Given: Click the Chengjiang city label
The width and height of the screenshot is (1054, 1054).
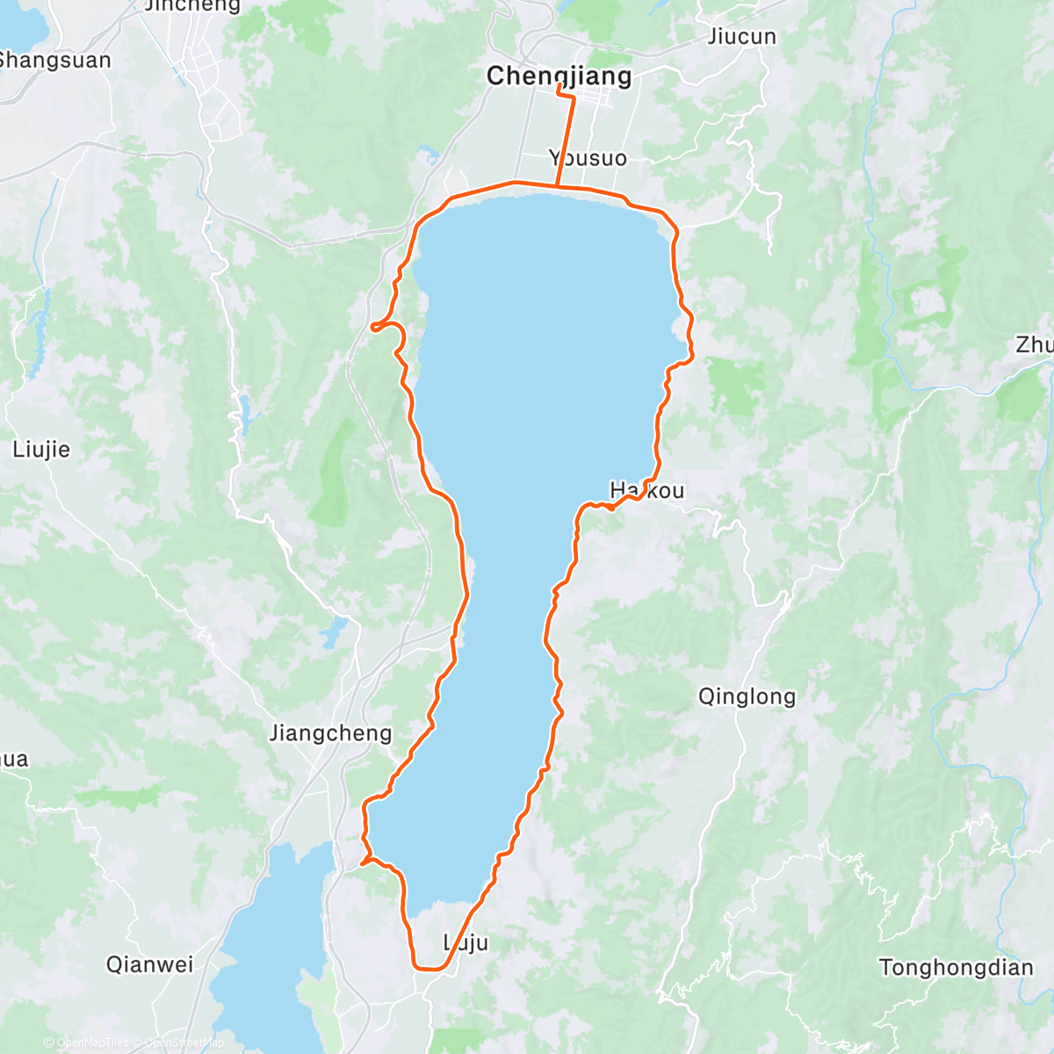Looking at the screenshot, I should pos(559,76).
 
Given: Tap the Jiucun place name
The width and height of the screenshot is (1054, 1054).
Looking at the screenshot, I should pos(741,37).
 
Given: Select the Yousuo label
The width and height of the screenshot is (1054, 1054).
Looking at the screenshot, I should pos(588,158).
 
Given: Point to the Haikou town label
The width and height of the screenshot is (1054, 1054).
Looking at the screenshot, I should pos(646,490).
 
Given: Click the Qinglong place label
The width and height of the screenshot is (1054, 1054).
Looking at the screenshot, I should pos(747,697).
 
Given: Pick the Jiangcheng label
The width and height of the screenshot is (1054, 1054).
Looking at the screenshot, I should pos(330,733).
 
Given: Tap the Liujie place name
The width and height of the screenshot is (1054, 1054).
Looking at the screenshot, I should pos(41,450).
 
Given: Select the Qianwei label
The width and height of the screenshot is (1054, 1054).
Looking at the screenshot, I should pos(149,964).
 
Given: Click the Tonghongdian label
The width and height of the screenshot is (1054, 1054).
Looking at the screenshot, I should pos(956,968).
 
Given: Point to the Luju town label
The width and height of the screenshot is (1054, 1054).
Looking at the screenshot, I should pos(466,943).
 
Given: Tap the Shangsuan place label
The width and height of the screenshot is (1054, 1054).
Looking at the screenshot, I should pos(54,61).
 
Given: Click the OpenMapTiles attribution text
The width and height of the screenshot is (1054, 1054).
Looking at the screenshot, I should pos(92,1043).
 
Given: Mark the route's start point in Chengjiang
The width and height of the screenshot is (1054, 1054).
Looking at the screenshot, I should pos(559,85).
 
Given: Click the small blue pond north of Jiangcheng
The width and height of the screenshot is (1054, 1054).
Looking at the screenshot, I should pos(335,630).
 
